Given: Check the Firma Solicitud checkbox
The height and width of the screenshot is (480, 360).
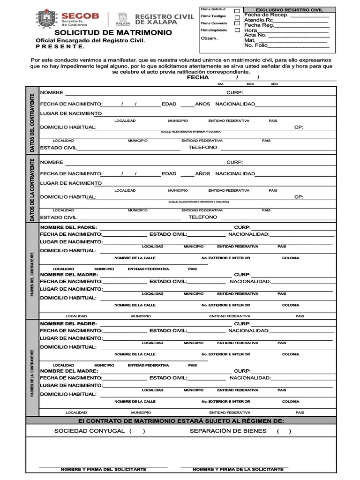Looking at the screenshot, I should coord(237,10).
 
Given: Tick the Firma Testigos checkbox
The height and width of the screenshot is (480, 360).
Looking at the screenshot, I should coord(237,16).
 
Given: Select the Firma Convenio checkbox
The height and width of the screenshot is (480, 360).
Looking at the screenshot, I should coord(237,23).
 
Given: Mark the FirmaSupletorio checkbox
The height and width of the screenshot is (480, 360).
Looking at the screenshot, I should coord(237,30).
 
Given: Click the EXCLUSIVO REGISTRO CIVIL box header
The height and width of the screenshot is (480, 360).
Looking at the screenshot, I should coord(289,10).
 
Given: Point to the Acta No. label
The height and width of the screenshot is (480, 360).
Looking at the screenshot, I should coord(255,35).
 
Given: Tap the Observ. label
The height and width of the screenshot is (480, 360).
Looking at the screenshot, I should coord(210,38).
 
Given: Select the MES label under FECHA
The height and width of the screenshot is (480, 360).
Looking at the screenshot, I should coord(250,83).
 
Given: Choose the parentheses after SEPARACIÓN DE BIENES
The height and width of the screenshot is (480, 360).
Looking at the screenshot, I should coord(284,431).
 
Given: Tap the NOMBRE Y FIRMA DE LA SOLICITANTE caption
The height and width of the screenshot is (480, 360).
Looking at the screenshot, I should coord(238,469).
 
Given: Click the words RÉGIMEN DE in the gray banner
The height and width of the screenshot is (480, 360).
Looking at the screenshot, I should coord(261,421).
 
